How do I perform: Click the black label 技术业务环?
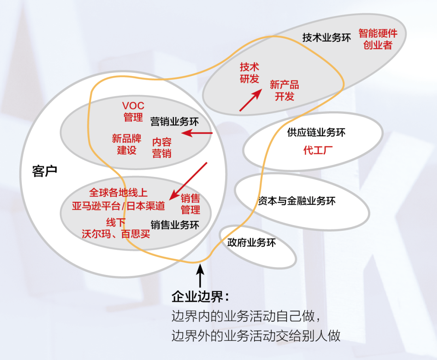[327, 38]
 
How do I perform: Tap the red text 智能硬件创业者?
[378, 39]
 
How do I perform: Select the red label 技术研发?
[249, 73]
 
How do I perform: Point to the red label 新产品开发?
[284, 90]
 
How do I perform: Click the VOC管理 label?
[134, 112]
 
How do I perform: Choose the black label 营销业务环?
[175, 121]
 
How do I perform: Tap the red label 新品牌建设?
[127, 145]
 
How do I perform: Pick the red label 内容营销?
[162, 148]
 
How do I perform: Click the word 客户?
[45, 171]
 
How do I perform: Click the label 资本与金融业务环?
[297, 201]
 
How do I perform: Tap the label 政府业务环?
[252, 243]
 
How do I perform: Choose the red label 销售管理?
[190, 204]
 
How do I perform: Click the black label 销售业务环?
[175, 225]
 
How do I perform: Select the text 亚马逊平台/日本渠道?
[119, 206]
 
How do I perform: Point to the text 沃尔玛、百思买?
[116, 234]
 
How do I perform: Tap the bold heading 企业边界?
[200, 297]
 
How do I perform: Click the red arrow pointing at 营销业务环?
[197, 133]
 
